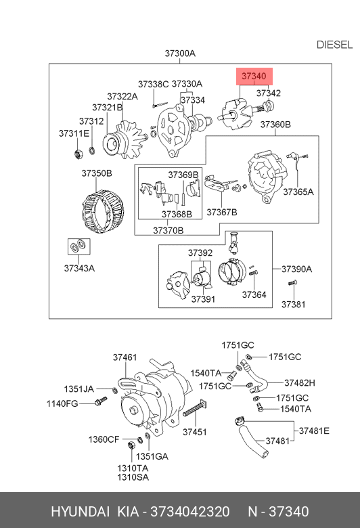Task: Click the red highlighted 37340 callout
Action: click(254, 76)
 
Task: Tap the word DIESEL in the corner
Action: click(334, 45)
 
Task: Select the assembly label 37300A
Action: click(180, 53)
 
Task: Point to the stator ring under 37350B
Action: click(103, 211)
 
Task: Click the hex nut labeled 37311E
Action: click(78, 154)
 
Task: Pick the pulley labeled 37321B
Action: click(112, 144)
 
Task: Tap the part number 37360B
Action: click(275, 125)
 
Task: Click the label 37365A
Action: click(298, 192)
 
